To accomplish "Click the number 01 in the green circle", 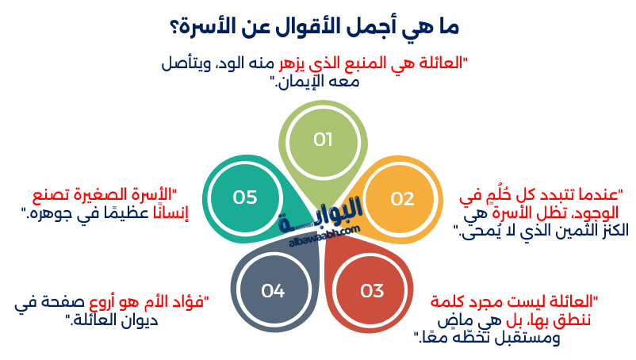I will (x=323, y=140).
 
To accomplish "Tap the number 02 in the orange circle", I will (x=402, y=198).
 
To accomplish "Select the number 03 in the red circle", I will (x=371, y=291).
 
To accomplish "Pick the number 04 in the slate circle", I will (x=272, y=291).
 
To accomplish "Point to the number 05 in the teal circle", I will (x=245, y=197).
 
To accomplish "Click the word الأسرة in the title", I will (x=211, y=26).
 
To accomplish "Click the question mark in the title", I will (x=174, y=26).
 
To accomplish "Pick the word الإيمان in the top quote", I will (x=309, y=81).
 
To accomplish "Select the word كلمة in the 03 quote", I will (x=451, y=301).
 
